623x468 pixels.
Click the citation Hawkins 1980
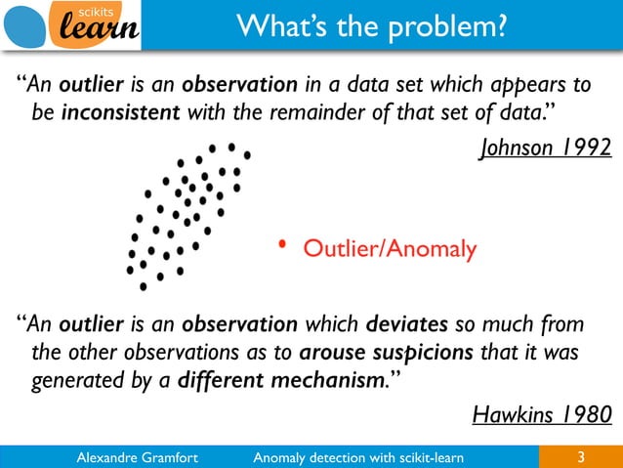(542, 415)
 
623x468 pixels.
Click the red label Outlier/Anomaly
(391, 250)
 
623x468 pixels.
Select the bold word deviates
(407, 323)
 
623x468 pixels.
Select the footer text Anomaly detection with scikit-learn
(357, 456)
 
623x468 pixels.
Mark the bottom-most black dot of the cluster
(144, 287)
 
